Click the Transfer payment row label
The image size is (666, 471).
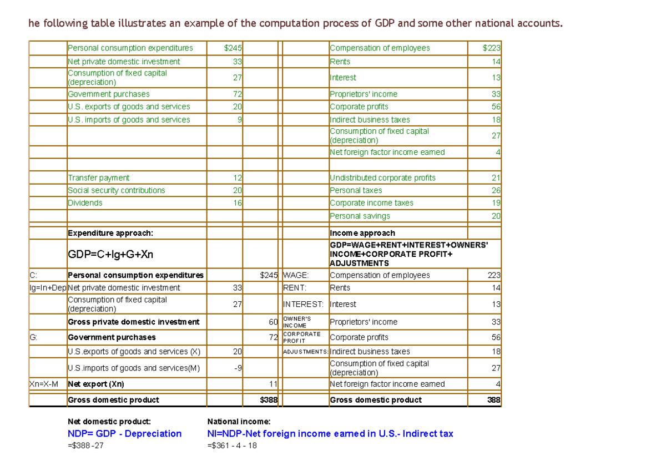pos(98,178)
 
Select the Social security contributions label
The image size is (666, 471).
pos(116,190)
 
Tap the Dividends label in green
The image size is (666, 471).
pos(85,203)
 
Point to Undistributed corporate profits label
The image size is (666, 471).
pos(382,178)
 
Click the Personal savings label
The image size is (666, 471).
pos(360,216)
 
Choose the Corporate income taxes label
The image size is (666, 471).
pos(371,203)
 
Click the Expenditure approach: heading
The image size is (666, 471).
pos(110,233)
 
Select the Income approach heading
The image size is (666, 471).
pos(362,233)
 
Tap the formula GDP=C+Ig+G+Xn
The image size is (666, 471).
pos(110,255)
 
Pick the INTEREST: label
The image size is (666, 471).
pos(303,304)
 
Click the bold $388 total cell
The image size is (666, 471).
pos(269,400)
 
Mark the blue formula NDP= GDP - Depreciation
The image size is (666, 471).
pos(124,434)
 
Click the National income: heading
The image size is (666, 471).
pos(239,422)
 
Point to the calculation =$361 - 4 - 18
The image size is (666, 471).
pos(232,445)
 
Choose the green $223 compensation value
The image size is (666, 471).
pos(492,48)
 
